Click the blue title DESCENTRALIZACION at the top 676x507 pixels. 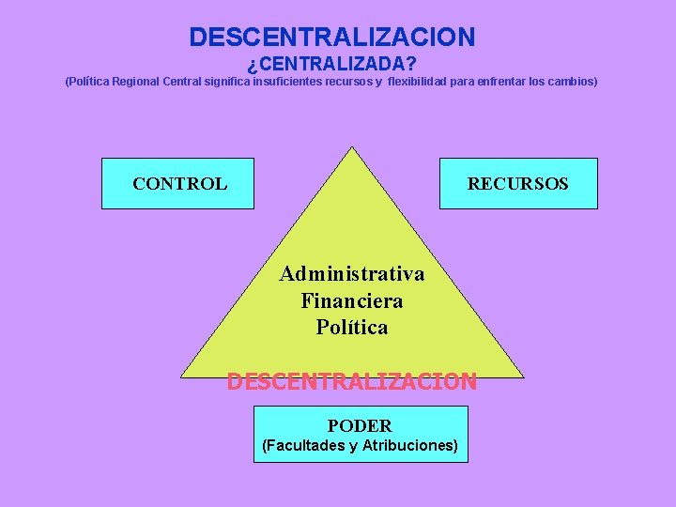[332, 38]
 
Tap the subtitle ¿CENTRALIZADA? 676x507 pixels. [331, 65]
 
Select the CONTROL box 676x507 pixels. [178, 184]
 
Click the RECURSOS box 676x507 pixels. [518, 184]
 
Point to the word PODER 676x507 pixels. [360, 425]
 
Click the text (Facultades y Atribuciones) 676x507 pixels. [360, 445]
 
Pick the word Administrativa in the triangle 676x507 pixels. [352, 274]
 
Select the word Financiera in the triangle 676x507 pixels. [352, 301]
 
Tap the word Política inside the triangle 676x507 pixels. [352, 328]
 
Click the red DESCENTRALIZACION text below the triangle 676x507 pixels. [352, 382]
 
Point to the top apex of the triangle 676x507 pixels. [352, 147]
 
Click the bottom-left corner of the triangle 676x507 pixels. [182, 376]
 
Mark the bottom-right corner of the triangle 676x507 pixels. [522, 376]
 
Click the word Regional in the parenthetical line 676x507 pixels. [135, 82]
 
